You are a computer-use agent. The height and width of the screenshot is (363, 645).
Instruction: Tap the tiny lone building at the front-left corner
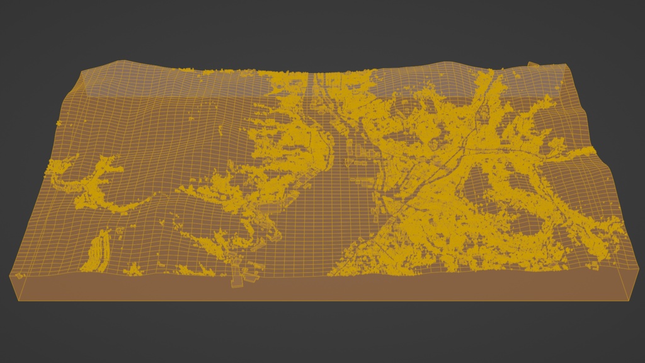pyautogui.click(x=19, y=275)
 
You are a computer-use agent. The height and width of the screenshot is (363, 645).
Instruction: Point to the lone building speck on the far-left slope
pyautogui.click(x=58, y=122)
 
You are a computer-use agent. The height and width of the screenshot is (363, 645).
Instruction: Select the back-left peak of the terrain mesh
pyautogui.click(x=117, y=62)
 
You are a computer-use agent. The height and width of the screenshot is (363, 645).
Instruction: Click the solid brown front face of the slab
pyautogui.click(x=315, y=289)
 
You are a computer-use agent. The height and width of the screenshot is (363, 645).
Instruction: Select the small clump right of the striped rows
pyautogui.click(x=133, y=270)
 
